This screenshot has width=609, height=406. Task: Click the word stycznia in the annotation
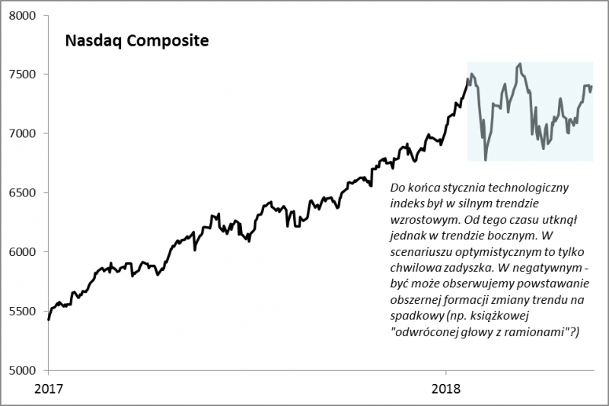(459, 187)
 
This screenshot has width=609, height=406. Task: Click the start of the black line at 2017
(49, 319)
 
